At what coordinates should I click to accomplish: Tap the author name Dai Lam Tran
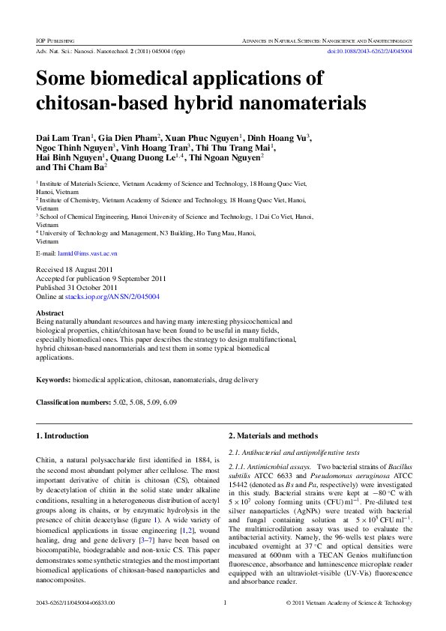(x=63, y=138)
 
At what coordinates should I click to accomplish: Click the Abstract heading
(x=50, y=313)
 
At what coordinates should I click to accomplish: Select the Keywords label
(x=53, y=381)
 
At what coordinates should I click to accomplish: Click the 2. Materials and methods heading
(x=273, y=436)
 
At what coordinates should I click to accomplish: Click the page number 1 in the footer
(x=225, y=603)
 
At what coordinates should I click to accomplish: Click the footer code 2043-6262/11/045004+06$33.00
(x=76, y=603)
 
